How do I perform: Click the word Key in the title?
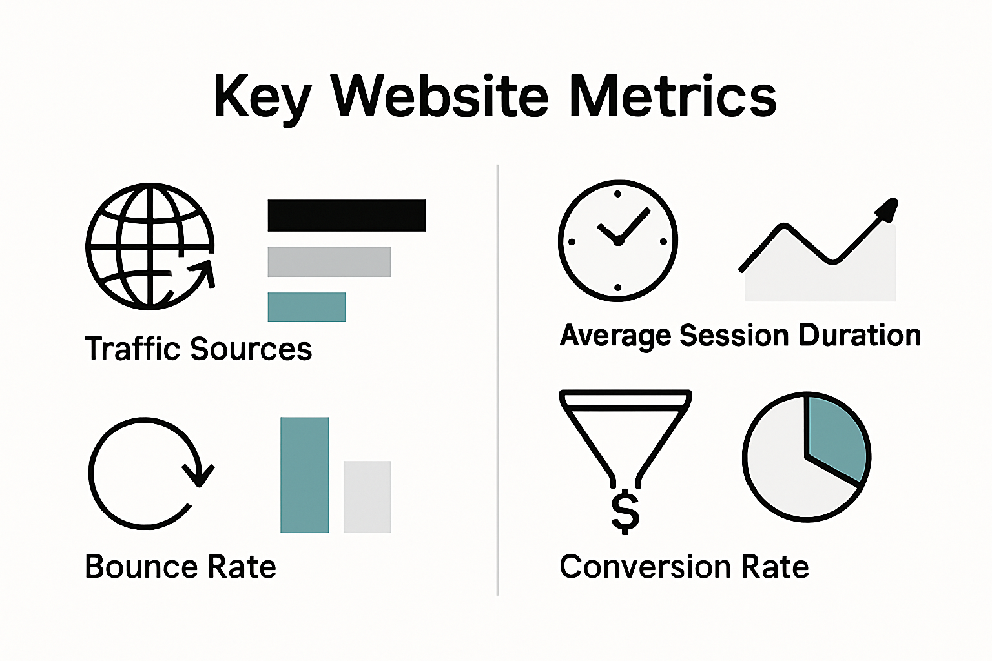tap(262, 97)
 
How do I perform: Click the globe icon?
tap(150, 246)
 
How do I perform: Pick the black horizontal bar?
tap(347, 216)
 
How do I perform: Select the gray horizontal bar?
tap(329, 261)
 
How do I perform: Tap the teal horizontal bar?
tap(306, 307)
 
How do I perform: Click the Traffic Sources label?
tap(198, 349)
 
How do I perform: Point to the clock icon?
tap(618, 241)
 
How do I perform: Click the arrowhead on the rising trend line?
tap(887, 210)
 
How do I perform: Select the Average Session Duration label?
tap(740, 336)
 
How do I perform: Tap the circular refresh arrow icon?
tap(148, 473)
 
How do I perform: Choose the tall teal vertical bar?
tap(304, 475)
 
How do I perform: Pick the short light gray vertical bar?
tap(367, 496)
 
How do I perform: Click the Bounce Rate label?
tap(180, 567)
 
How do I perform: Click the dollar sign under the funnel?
tap(625, 513)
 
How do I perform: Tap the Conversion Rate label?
tap(684, 567)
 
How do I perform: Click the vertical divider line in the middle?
tap(497, 381)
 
